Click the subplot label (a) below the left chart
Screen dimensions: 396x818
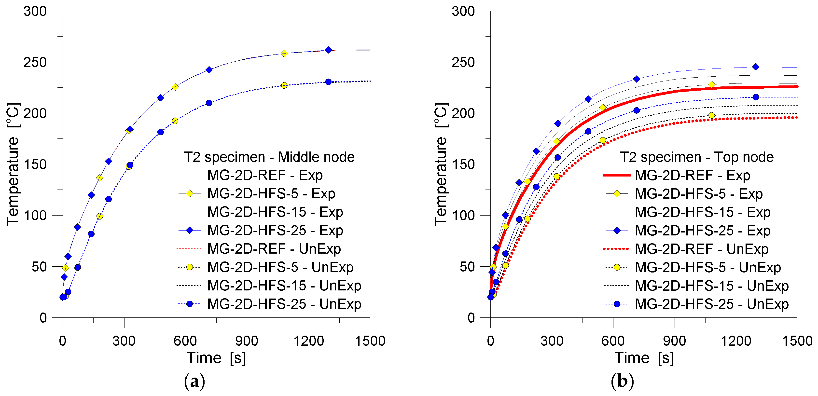pyautogui.click(x=194, y=381)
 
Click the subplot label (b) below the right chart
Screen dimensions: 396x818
pyautogui.click(x=622, y=381)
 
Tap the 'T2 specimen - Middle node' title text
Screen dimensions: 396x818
pyautogui.click(x=269, y=157)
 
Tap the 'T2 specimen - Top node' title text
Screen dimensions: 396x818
pyautogui.click(x=697, y=157)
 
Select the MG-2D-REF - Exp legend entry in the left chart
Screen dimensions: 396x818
pyautogui.click(x=264, y=175)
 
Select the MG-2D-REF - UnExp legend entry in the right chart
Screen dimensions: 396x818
pyautogui.click(x=701, y=249)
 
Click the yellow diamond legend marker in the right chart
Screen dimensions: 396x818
pyautogui.click(x=617, y=194)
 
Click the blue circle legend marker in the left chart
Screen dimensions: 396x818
pyautogui.click(x=189, y=304)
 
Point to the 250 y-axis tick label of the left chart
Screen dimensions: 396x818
pyautogui.click(x=35, y=62)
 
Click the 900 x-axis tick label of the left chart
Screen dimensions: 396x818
pyautogui.click(x=247, y=341)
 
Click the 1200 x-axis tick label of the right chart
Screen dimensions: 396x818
pyautogui.click(x=736, y=341)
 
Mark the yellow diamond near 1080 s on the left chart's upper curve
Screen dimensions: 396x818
pyautogui.click(x=284, y=53)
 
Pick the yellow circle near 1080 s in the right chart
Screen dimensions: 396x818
pyautogui.click(x=711, y=115)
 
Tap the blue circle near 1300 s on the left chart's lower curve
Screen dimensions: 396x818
pyautogui.click(x=328, y=82)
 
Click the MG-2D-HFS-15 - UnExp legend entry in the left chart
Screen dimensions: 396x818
pyautogui.click(x=284, y=286)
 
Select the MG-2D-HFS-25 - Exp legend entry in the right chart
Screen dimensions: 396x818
pyautogui.click(x=702, y=231)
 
